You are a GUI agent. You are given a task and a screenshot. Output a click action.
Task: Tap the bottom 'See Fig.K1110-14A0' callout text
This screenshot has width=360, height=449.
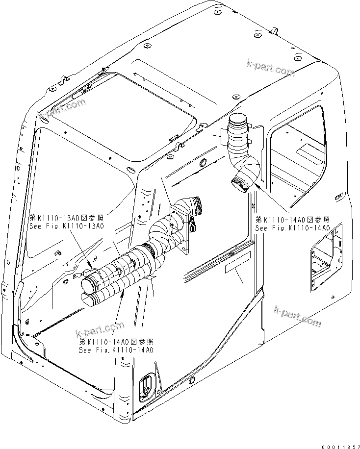click(x=116, y=350)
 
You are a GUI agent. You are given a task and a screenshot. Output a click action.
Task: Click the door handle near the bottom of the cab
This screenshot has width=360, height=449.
click(x=146, y=386)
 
